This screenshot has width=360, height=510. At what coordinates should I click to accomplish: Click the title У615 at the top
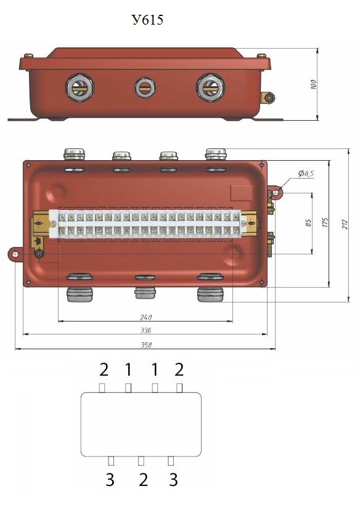click(x=147, y=20)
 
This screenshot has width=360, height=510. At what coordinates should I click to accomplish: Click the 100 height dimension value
click(x=313, y=84)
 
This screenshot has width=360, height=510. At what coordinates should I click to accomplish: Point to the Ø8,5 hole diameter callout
click(x=306, y=174)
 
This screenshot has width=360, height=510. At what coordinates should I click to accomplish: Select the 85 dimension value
click(x=309, y=223)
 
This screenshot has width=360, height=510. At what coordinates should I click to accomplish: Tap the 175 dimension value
click(x=325, y=222)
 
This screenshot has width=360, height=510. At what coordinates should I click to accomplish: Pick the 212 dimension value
click(x=345, y=224)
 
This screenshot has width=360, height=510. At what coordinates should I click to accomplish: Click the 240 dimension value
click(x=146, y=317)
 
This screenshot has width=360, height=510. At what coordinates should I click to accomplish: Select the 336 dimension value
click(x=146, y=331)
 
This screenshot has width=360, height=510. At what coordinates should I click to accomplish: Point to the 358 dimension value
click(x=146, y=345)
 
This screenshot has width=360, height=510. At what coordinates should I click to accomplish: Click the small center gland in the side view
click(x=145, y=87)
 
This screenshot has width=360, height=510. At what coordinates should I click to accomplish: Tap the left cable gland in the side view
click(x=80, y=88)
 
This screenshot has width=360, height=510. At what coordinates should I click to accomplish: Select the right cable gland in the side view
click(x=210, y=88)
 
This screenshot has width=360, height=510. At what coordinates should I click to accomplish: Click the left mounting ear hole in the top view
click(x=15, y=254)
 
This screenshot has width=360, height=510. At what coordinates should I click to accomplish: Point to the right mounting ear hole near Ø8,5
click(x=276, y=193)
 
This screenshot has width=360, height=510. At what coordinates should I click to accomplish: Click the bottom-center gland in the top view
click(x=145, y=292)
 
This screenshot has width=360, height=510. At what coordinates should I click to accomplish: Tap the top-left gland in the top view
click(x=74, y=154)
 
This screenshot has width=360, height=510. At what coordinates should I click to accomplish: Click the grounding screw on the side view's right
click(x=269, y=98)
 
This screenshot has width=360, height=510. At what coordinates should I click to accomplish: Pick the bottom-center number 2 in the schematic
click(x=143, y=480)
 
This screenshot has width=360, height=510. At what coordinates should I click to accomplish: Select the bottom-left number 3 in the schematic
click(x=110, y=480)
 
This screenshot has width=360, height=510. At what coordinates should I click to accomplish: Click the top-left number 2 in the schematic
click(x=104, y=370)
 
